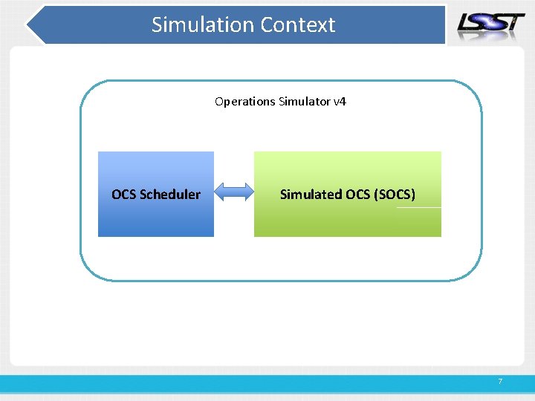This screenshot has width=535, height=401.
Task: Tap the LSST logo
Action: coord(491,24)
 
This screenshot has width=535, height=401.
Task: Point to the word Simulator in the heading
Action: coord(305,101)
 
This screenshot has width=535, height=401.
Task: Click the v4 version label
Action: coord(340,101)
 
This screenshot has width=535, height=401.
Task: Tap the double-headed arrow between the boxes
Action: coord(235,194)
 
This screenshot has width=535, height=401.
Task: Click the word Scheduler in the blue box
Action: coord(170,195)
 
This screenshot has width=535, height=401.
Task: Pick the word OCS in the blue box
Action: coord(124,195)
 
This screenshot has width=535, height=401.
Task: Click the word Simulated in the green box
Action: coord(311,195)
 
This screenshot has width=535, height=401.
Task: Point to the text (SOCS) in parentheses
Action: coord(396,195)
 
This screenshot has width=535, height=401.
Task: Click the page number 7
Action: coord(500,382)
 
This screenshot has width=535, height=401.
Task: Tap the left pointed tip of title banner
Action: coord(29,26)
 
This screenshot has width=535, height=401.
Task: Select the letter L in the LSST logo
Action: coord(467,25)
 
